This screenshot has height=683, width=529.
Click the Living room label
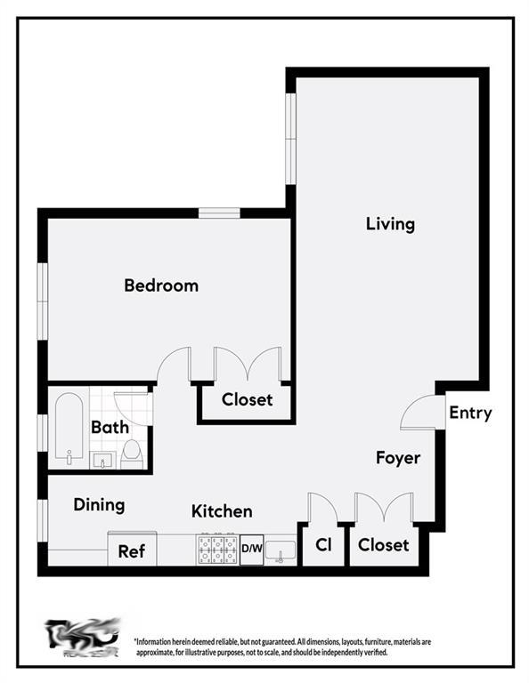coord(390,223)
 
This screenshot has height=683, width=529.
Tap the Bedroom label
coord(161,285)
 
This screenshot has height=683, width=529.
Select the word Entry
coord(470,413)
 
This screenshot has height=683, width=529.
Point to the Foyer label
coord(397,458)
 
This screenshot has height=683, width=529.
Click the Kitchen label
coord(222,511)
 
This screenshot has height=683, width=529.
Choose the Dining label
coord(99,505)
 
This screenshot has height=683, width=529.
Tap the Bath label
coord(110,428)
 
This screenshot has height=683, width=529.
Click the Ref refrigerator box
coord(132,550)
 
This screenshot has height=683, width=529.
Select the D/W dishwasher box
coord(252,550)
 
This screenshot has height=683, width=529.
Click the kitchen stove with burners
coord(217,550)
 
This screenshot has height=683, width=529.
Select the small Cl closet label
coord(323,545)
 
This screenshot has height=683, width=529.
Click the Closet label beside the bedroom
coord(247,399)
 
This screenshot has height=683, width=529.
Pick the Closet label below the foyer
coord(383,544)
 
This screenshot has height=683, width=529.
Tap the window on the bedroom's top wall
coord(219,213)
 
